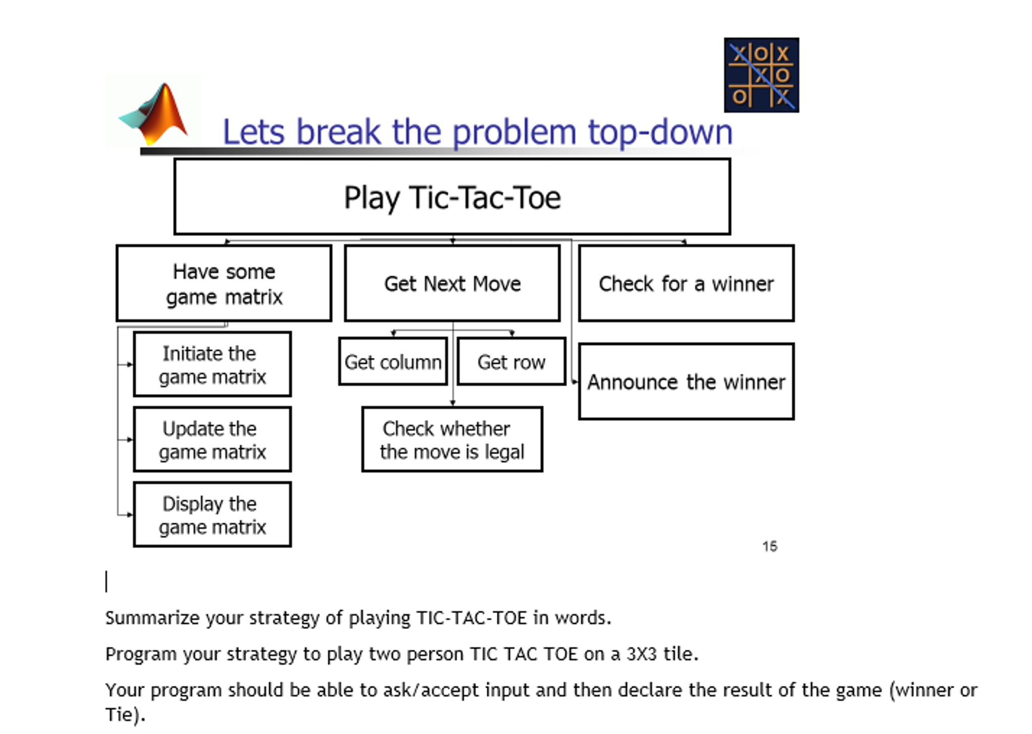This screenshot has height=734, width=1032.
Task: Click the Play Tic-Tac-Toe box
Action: click(x=452, y=197)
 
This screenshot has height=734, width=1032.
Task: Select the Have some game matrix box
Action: click(x=224, y=283)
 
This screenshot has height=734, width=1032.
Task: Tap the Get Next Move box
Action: click(x=452, y=283)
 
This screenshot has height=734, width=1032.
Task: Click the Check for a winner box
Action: click(x=686, y=283)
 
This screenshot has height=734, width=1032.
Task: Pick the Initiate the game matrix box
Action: click(x=212, y=364)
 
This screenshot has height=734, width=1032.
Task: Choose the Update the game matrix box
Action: click(x=212, y=440)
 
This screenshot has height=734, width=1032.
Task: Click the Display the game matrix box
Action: click(x=212, y=515)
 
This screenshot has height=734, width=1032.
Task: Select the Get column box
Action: click(x=393, y=362)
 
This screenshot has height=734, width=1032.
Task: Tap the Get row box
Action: click(x=511, y=362)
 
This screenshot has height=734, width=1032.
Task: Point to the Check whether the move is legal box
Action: click(x=452, y=440)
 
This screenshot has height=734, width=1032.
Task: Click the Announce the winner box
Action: click(x=686, y=382)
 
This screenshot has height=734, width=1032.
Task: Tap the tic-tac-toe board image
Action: click(x=761, y=75)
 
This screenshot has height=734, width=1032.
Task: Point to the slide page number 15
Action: click(x=770, y=546)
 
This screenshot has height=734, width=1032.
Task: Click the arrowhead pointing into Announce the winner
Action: click(x=575, y=382)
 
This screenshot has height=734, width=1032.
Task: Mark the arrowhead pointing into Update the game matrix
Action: click(x=130, y=440)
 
